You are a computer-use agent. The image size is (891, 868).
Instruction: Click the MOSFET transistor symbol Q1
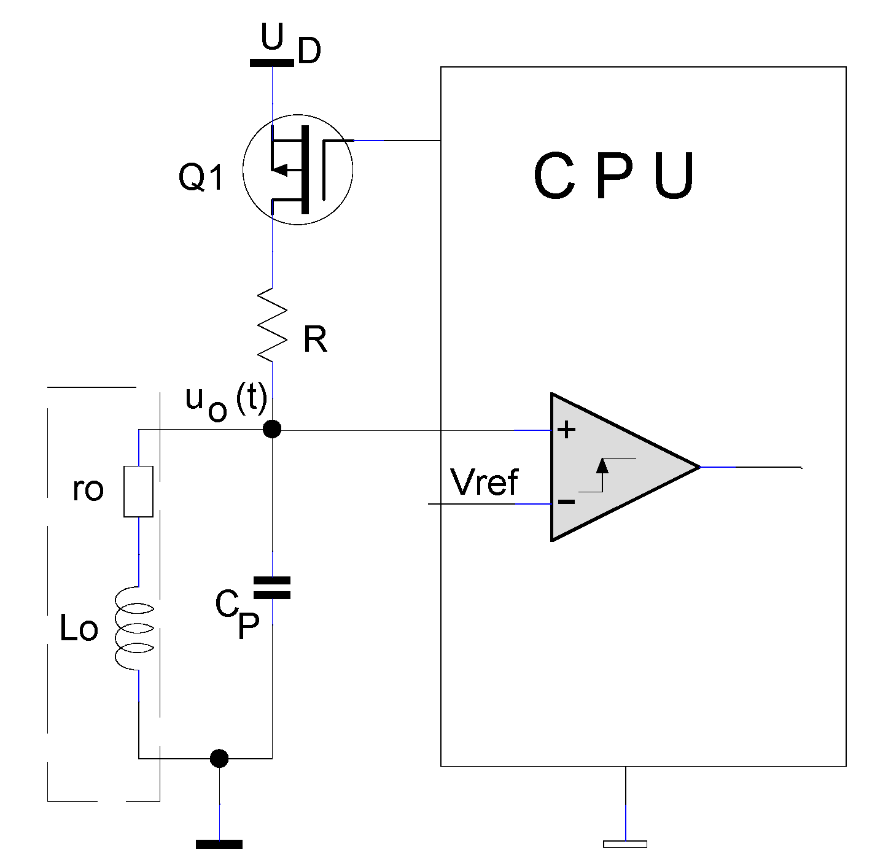coord(298,169)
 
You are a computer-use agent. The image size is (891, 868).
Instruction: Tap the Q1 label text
coord(201,178)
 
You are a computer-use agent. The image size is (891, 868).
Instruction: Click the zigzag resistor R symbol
coord(272,324)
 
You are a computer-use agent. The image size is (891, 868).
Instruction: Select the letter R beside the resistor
coord(315,339)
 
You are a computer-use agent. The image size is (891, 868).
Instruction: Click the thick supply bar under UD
coord(271,62)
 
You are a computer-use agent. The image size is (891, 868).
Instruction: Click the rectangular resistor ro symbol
coord(138,491)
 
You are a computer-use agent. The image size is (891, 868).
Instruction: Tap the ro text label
coord(88,489)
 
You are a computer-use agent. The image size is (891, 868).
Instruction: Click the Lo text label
coord(79,629)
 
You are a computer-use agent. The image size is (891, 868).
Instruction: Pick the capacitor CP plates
coord(272,587)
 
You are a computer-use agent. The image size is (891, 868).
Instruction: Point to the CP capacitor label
coord(238,615)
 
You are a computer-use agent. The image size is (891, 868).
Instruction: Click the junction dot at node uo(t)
coord(272,428)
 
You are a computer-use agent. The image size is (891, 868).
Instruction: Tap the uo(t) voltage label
coord(225,401)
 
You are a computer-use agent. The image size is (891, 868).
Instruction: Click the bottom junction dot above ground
coord(219,759)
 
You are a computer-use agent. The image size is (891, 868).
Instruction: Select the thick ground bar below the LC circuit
coord(219,845)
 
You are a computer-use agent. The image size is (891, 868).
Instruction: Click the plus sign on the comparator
coord(566,430)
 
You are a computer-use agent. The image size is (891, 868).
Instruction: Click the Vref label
coord(484,482)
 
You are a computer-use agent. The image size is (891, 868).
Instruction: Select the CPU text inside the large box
coord(613,177)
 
